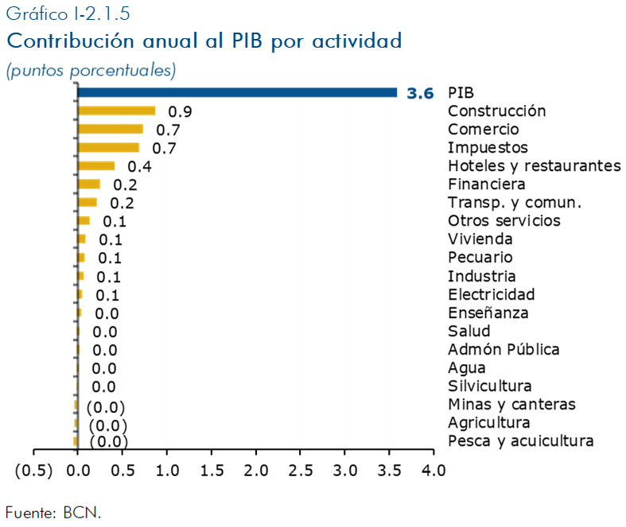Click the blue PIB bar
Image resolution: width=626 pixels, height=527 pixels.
coord(237,93)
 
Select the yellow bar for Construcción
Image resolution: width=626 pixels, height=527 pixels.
coord(116,111)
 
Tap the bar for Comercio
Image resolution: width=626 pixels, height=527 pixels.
coord(111,130)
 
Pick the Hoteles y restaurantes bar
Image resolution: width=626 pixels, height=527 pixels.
coord(96,166)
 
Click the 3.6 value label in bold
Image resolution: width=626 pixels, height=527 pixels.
coord(420,93)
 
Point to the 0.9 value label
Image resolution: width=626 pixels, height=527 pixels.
coord(180,111)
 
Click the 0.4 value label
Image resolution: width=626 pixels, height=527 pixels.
coord(139,166)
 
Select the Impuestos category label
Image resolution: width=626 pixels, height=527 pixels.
coord(488,148)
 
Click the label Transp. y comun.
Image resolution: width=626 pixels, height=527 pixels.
coord(515,203)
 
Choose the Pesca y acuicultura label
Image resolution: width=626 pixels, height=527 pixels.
coord(520,441)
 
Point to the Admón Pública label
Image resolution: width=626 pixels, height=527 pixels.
coord(504,350)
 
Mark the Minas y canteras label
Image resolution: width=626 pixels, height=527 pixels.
coord(511,405)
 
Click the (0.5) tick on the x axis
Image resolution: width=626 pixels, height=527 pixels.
coord(33,470)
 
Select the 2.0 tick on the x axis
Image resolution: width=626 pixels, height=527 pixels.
coord(255,470)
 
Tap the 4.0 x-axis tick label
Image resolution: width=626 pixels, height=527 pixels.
coord(434,470)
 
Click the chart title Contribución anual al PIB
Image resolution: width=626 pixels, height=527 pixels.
coord(204,41)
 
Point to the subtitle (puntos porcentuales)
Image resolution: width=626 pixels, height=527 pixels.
coord(91,70)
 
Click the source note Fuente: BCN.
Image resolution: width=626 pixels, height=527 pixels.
coord(53,512)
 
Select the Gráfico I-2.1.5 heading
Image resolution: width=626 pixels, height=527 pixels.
coord(68,14)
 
